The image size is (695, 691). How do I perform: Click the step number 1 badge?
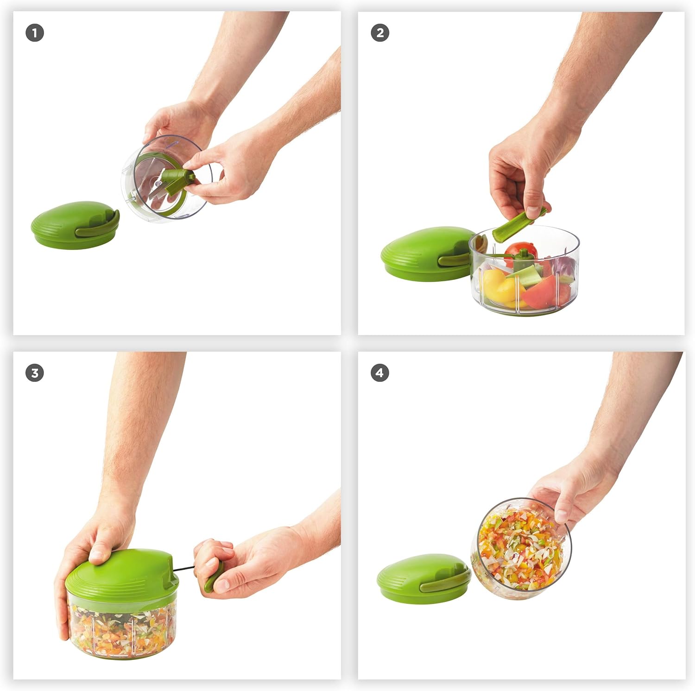tap(35, 33)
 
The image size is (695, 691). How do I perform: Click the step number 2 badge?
tap(380, 33)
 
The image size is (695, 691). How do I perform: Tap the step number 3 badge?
tap(35, 373)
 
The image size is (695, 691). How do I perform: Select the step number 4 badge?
tap(380, 373)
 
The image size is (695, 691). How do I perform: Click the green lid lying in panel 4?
tap(412, 577)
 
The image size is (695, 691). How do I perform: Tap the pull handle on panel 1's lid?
tap(95, 230)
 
